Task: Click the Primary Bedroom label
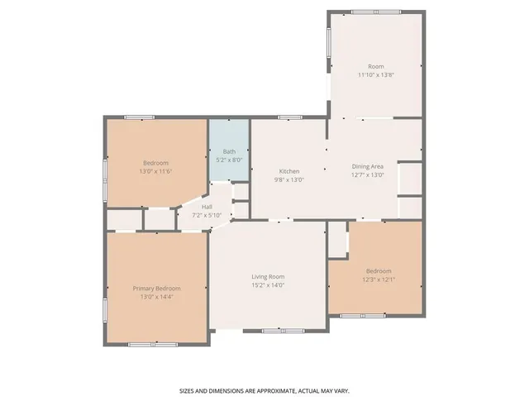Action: (156, 289)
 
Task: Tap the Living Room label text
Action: (268, 277)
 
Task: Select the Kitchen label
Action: (289, 171)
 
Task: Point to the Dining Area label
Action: (367, 166)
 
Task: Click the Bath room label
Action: (230, 151)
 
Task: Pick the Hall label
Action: (207, 207)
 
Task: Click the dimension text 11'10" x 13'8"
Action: (376, 75)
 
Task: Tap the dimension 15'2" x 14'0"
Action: (268, 285)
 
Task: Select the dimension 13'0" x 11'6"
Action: (156, 171)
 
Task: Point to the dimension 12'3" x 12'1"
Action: (379, 280)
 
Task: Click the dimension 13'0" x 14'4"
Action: (156, 297)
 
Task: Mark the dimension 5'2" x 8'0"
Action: (230, 160)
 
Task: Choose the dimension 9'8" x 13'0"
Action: (289, 180)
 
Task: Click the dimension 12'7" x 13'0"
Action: (367, 175)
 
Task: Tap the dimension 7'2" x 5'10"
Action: (207, 215)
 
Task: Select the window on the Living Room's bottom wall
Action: (283, 331)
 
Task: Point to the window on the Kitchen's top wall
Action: (290, 117)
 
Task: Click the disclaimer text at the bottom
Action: (264, 391)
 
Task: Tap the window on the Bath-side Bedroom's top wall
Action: (140, 117)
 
